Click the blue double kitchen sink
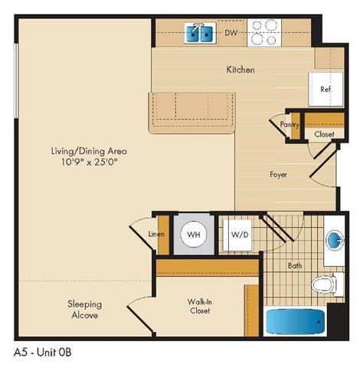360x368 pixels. click(200, 33)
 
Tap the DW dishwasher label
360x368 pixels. click(231, 33)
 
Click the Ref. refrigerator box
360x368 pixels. click(324, 88)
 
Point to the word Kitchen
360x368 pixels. click(240, 70)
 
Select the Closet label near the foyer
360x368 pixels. click(324, 134)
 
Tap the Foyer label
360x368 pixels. click(278, 174)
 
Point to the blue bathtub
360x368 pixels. click(295, 321)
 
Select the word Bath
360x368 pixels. click(296, 266)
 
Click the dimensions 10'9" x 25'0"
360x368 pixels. click(84, 163)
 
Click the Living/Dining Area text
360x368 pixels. click(84, 151)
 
